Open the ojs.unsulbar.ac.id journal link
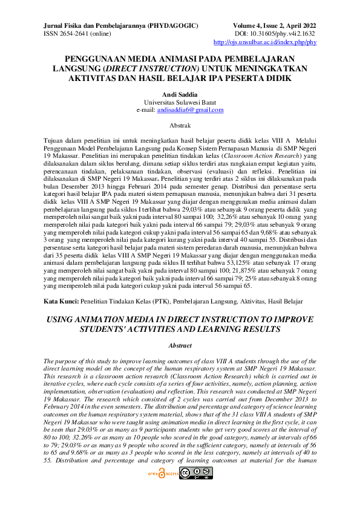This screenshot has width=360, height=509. [265, 43]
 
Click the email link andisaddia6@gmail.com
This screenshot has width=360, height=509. [190, 110]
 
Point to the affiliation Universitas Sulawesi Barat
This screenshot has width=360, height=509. [180, 103]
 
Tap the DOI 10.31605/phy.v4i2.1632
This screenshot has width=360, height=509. [283, 34]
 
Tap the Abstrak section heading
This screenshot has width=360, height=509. [180, 126]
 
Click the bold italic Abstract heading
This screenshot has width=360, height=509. [180, 345]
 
